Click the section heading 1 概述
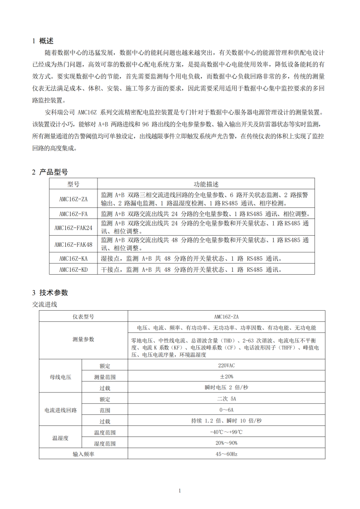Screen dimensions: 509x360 point(43,41)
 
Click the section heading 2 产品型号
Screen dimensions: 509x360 point(49,172)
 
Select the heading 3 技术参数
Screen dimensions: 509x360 point(50,292)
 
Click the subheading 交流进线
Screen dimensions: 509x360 point(44,304)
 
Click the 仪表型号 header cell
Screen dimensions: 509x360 point(83,316)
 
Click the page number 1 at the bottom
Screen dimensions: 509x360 point(180,490)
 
